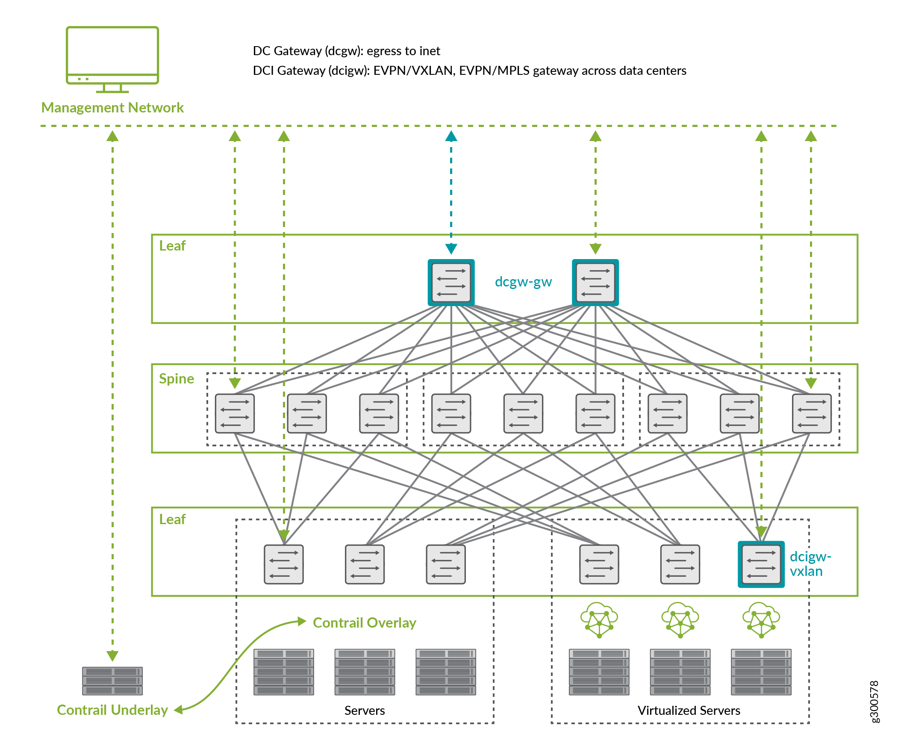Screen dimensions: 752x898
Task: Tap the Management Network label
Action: [x=112, y=107]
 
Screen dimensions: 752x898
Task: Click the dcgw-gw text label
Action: [x=523, y=281]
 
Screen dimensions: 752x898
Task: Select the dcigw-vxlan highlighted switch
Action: [x=761, y=564]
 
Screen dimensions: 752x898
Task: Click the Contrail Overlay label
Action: [x=364, y=622]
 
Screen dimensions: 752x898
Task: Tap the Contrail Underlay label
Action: [x=112, y=710]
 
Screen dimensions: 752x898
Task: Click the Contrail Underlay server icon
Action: [x=112, y=681]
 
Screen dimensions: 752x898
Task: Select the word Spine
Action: [x=176, y=379]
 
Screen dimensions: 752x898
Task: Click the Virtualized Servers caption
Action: [x=689, y=711]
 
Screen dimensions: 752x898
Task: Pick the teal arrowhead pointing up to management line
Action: [x=451, y=136]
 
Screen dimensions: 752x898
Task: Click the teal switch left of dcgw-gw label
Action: [x=451, y=282]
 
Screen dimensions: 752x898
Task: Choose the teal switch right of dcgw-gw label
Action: [x=595, y=282]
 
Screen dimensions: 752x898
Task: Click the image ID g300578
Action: [x=874, y=702]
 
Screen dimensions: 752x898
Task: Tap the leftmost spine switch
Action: [x=235, y=413]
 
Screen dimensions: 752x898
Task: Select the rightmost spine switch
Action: [x=812, y=413]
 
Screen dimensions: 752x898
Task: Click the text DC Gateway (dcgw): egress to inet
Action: [x=346, y=51]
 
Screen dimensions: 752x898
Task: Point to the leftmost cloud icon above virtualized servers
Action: [x=599, y=620]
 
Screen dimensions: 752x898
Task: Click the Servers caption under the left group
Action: [x=364, y=711]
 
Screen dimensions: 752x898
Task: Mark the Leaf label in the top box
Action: [x=172, y=245]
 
